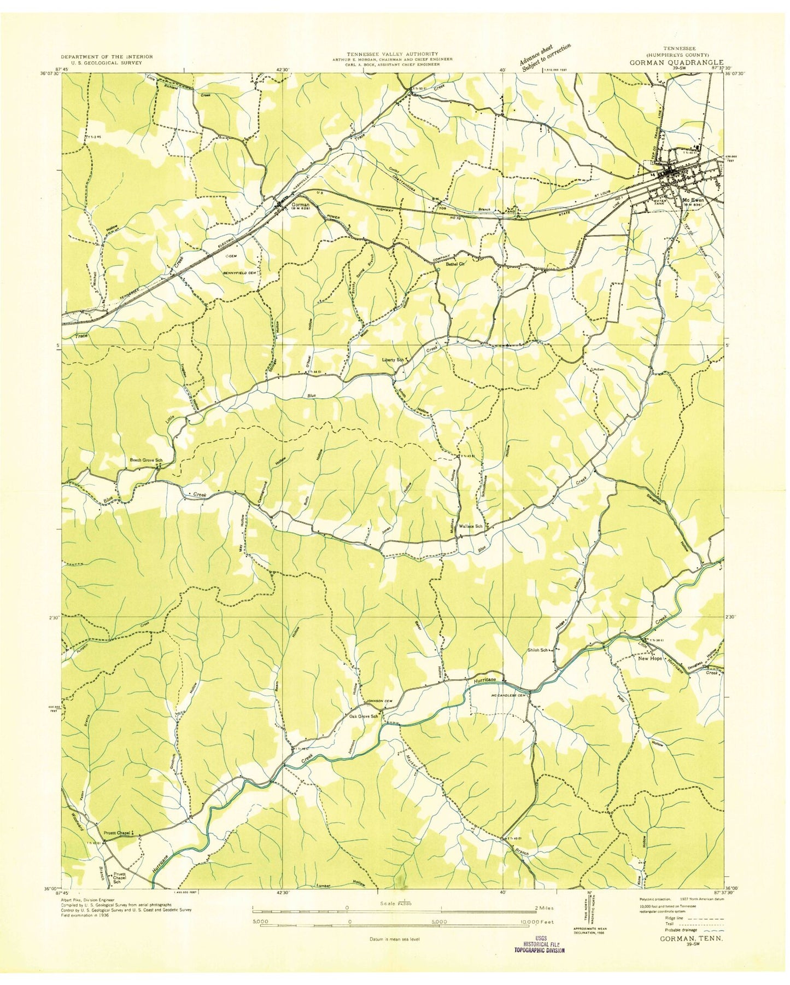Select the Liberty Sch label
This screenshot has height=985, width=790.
pyautogui.click(x=393, y=360)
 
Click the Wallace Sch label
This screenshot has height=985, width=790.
pyautogui.click(x=470, y=526)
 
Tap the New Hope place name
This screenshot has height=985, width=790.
pyautogui.click(x=650, y=658)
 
